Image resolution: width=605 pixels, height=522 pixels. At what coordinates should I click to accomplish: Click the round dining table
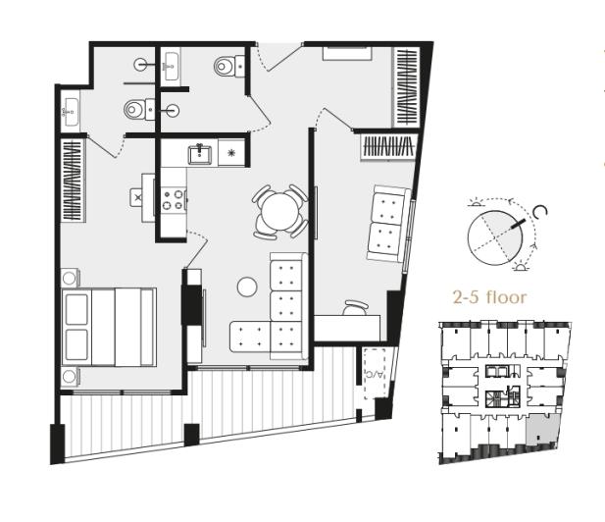[279, 209]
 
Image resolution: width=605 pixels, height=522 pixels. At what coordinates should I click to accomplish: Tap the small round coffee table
[247, 287]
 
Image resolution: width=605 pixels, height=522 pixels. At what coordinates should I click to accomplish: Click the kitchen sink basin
[202, 153]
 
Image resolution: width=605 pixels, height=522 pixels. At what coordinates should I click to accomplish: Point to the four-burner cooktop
[173, 199]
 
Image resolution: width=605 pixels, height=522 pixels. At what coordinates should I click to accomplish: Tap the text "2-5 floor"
[489, 296]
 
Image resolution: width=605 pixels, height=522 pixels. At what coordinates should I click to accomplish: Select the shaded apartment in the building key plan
[540, 428]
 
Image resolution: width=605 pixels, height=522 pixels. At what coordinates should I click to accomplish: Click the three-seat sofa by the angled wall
[387, 224]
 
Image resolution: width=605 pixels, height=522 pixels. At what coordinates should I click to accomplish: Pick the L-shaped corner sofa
[275, 314]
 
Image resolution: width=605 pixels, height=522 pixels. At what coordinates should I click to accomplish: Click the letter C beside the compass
[539, 211]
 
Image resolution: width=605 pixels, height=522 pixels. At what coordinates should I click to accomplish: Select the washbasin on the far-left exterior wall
[71, 111]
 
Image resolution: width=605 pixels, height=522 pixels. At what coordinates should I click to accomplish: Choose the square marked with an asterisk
[232, 153]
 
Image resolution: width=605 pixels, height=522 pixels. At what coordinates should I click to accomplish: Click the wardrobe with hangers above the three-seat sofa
[388, 147]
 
